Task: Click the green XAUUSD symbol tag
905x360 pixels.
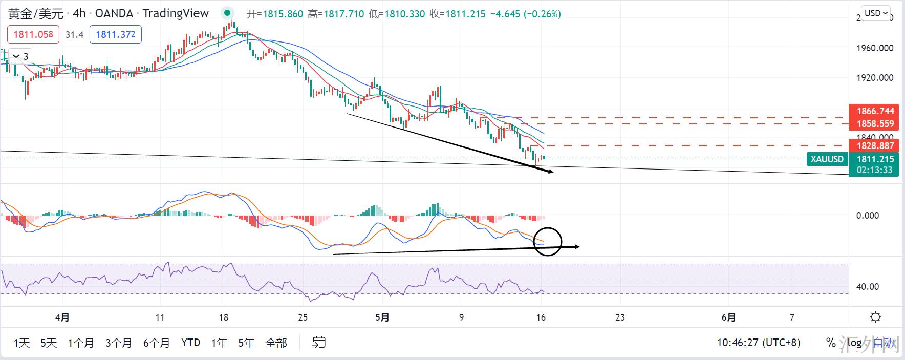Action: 827,159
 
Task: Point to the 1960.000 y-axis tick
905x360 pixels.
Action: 875,48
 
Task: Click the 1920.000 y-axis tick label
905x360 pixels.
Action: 875,78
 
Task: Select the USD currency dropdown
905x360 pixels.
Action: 876,13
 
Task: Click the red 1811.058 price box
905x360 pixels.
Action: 33,34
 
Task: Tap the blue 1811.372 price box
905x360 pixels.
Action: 116,34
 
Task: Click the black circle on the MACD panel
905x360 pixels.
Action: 548,241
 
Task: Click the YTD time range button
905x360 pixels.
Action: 190,343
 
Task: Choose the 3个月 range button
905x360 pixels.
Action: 119,343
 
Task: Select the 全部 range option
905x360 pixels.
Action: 276,343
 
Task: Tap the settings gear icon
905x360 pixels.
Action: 875,317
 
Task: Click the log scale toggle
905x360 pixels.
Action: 854,343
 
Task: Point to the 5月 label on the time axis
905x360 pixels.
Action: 382,317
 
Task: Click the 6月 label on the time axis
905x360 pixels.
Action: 728,317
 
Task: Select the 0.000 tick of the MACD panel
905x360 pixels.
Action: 868,216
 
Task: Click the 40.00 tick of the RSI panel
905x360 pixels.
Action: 868,287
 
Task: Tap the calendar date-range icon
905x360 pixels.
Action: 319,342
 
